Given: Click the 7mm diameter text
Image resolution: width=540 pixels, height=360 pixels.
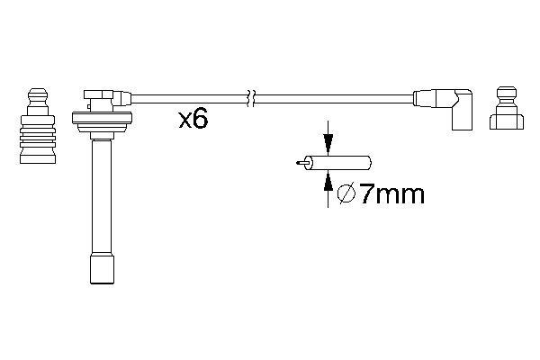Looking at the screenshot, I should click(391, 193).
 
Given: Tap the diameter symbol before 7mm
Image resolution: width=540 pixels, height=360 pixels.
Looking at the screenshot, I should click(345, 193).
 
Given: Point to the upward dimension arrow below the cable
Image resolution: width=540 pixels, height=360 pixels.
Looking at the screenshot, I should click(328, 182).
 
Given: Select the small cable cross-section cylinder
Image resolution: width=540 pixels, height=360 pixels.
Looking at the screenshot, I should click(338, 163).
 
